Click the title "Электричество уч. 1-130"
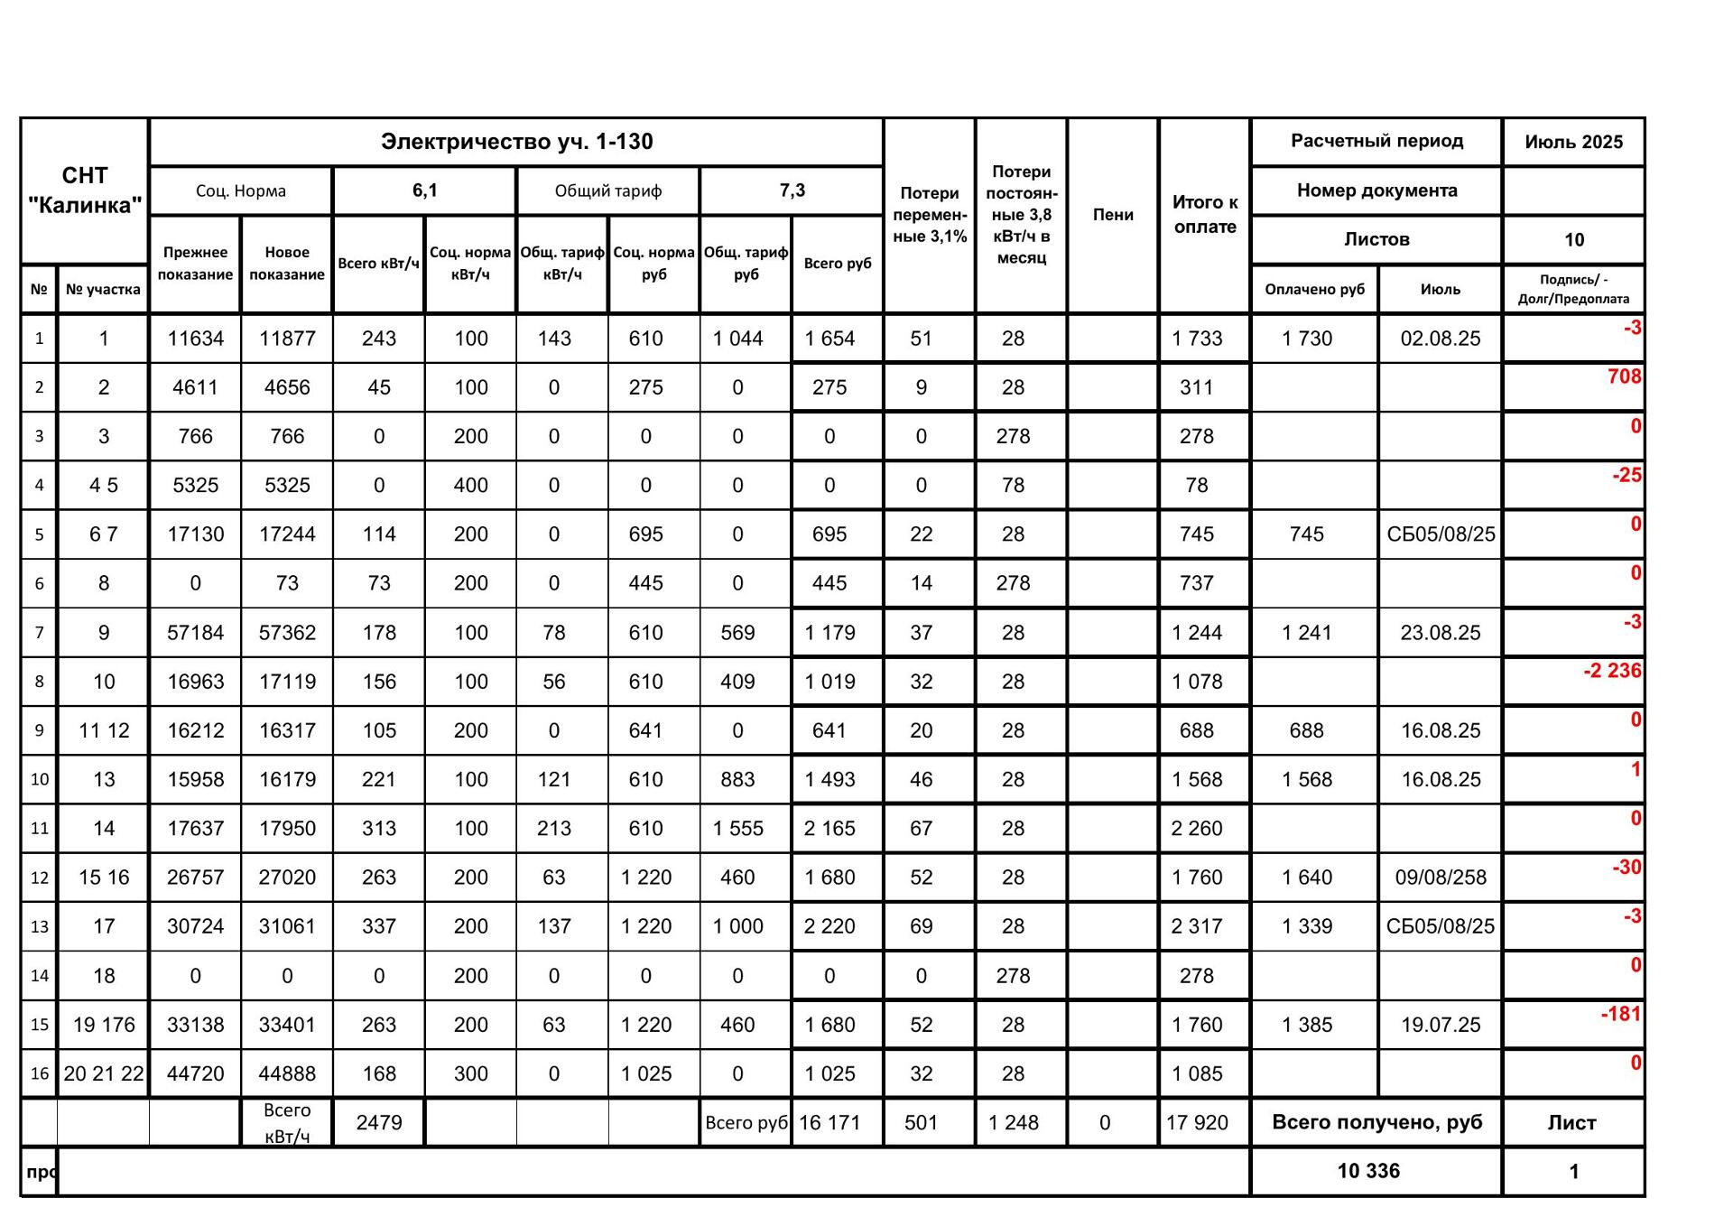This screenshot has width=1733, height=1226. coord(516,142)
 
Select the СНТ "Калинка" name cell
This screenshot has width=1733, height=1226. coord(85,190)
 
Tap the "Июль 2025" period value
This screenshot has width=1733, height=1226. coord(1573,142)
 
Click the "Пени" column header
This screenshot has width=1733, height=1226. coord(1113,215)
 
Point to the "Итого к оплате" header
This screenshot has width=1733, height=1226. coord(1205,215)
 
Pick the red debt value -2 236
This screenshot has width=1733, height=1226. coord(1612,671)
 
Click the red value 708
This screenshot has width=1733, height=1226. coord(1624,376)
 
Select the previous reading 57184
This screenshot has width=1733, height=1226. coord(195,633)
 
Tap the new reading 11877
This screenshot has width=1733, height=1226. coord(287,339)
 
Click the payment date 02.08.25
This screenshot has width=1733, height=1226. coord(1440,339)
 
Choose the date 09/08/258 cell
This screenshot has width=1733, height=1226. coord(1440,878)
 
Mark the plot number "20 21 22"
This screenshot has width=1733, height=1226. coord(104,1073)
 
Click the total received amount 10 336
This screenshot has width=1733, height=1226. coord(1368,1171)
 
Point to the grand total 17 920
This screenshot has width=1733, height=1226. coord(1197,1123)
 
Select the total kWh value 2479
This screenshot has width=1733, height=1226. coord(379,1123)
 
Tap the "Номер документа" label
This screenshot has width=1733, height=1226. coord(1376,190)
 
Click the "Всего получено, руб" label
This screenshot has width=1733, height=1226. coord(1376,1122)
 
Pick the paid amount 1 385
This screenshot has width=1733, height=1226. coord(1307,1025)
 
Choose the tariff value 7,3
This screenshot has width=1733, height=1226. coord(792,190)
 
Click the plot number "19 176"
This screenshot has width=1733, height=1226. coord(104,1025)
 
